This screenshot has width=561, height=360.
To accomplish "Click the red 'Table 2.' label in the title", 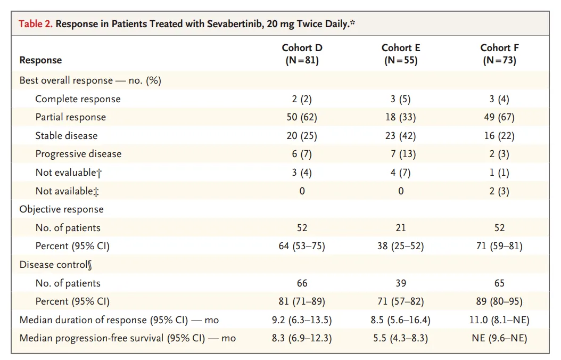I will pyautogui.click(x=36, y=24).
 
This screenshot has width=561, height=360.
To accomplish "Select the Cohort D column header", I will pyautogui.click(x=302, y=54).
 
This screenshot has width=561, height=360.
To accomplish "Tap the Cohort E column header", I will pyautogui.click(x=400, y=54).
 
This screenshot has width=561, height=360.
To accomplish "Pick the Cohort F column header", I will pyautogui.click(x=499, y=54).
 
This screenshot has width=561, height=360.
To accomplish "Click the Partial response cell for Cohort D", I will pyautogui.click(x=302, y=117).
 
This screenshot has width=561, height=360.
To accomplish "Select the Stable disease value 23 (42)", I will pyautogui.click(x=400, y=136).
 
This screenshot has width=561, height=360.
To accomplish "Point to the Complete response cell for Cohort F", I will pyautogui.click(x=499, y=99).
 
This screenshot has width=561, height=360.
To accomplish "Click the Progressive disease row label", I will pyautogui.click(x=78, y=154).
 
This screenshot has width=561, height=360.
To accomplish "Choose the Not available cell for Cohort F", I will pyautogui.click(x=499, y=191).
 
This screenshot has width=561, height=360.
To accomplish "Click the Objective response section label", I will pyautogui.click(x=61, y=209).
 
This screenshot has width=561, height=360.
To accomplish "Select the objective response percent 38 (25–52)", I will pyautogui.click(x=400, y=246).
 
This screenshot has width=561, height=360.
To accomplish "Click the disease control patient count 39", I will pyautogui.click(x=400, y=283).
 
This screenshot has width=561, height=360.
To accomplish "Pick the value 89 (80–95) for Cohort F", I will pyautogui.click(x=499, y=301).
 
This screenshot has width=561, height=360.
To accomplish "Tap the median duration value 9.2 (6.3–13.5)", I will pyautogui.click(x=302, y=320).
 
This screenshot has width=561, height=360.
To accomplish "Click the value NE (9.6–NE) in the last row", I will pyautogui.click(x=499, y=338).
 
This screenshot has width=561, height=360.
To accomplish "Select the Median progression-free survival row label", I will pyautogui.click(x=127, y=338).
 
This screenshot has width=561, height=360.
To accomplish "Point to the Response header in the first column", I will pyautogui.click(x=40, y=60).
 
